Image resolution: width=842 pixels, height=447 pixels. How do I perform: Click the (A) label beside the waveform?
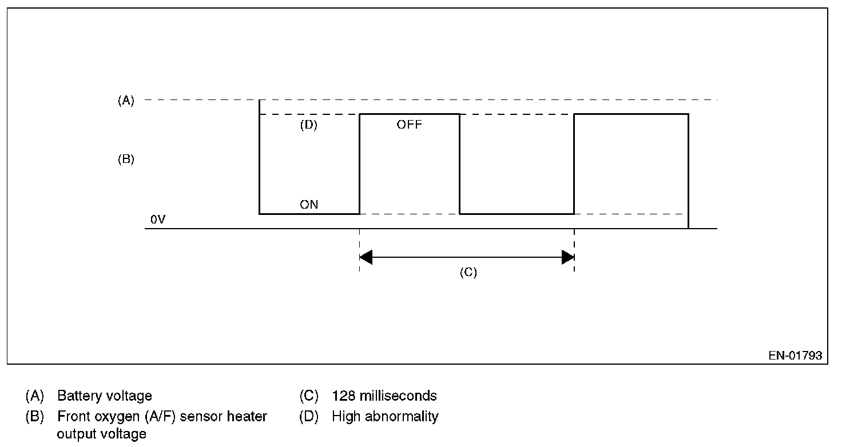(125, 101)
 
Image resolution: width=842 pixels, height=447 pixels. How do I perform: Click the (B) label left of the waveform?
(125, 159)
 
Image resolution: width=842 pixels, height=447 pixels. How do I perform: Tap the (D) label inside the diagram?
(308, 125)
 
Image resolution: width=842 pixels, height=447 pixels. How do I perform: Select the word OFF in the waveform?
(409, 125)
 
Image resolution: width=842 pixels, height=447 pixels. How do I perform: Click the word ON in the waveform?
(309, 204)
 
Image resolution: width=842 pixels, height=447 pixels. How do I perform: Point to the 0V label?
(157, 219)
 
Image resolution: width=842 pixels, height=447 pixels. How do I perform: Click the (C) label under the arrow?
(468, 272)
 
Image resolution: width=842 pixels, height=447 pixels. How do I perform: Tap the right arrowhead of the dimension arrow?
(568, 257)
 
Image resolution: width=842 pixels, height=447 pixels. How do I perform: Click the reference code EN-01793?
(795, 356)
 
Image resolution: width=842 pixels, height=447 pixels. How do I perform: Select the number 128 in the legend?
(343, 396)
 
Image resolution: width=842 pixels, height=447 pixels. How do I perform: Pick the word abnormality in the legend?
(404, 416)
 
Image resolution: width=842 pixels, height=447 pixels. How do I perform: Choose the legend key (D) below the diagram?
(308, 416)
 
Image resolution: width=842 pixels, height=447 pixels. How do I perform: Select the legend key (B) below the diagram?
(34, 417)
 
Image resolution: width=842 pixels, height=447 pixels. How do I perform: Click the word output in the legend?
(76, 434)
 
